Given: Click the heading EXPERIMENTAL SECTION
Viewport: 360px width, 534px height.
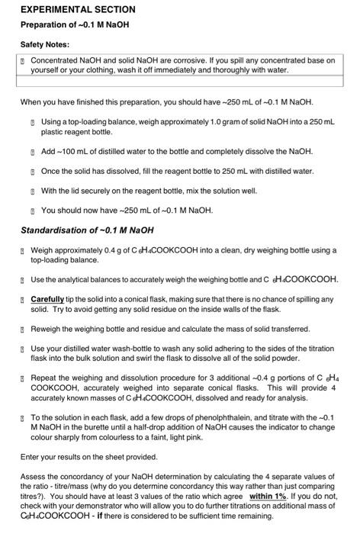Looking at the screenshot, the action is click(x=78, y=10).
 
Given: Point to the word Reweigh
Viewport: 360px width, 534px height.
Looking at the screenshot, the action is click(x=47, y=349).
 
